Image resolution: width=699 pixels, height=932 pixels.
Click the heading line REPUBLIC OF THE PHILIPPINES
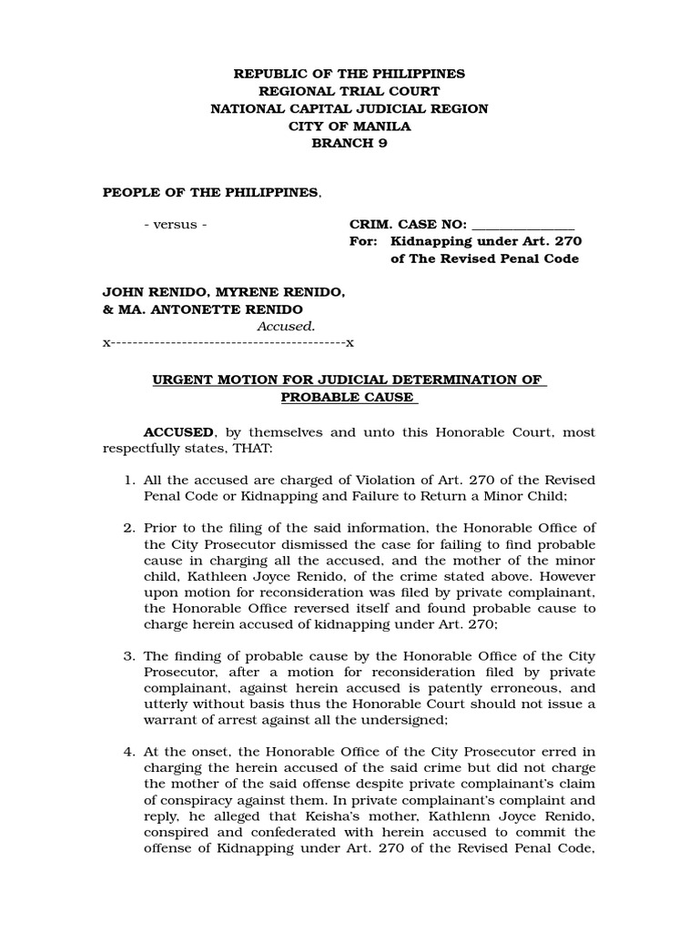pyautogui.click(x=349, y=74)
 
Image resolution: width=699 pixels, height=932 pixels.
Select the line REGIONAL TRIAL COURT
pyautogui.click(x=349, y=91)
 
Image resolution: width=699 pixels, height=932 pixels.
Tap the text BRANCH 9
pyautogui.click(x=349, y=144)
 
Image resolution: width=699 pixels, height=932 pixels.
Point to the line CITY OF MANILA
pyautogui.click(x=349, y=127)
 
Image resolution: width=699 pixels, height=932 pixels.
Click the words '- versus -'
pyautogui.click(x=176, y=224)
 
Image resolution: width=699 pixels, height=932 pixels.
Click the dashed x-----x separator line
pyautogui.click(x=228, y=343)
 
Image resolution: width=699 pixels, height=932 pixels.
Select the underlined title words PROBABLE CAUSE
pyautogui.click(x=348, y=397)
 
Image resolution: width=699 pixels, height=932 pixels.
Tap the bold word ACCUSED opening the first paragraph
pyautogui.click(x=177, y=432)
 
